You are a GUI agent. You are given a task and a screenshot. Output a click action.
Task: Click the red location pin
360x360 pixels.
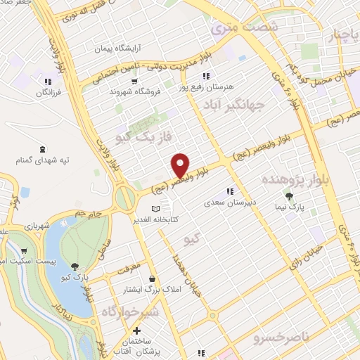181,165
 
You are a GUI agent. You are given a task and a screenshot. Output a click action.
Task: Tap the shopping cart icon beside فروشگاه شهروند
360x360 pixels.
112,91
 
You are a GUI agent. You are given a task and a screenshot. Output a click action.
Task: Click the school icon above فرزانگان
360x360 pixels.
48,81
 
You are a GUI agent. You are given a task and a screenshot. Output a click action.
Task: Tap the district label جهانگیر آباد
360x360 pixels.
252,105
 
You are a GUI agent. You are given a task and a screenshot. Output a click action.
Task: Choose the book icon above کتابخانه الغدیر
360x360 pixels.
156,209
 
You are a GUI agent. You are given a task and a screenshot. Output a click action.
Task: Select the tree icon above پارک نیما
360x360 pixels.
288,195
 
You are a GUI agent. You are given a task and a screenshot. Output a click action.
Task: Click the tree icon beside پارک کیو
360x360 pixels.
75,266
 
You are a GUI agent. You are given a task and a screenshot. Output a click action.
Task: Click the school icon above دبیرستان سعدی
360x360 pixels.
229,191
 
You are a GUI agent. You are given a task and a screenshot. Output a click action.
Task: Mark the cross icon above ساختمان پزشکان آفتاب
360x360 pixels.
137,330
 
